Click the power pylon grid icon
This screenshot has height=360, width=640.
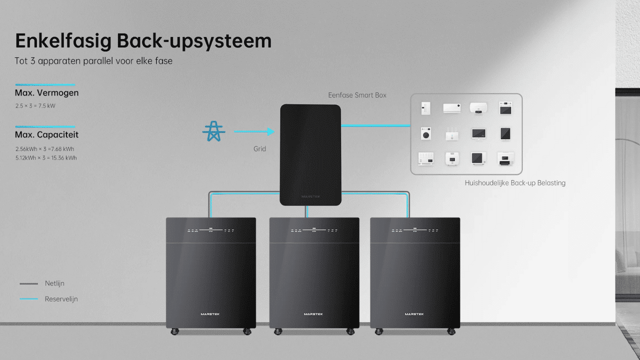[x=213, y=131]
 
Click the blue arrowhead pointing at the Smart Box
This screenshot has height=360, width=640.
[x=271, y=131]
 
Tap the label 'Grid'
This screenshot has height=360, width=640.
[x=259, y=149]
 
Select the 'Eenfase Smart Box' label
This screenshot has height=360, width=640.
[x=357, y=95]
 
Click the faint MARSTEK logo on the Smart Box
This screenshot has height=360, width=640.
[x=311, y=196]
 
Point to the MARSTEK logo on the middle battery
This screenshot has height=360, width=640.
[x=313, y=314]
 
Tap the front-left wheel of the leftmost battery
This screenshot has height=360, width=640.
[x=174, y=331]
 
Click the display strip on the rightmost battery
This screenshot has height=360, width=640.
[x=414, y=230]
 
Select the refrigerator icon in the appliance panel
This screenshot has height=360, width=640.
[x=425, y=108]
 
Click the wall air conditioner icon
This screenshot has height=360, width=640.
[x=451, y=108]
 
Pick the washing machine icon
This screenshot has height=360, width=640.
[x=425, y=133]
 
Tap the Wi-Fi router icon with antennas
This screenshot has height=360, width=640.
[x=452, y=134]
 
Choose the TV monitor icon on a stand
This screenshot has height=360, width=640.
[x=478, y=134]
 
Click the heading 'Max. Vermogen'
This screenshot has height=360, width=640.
[x=46, y=93]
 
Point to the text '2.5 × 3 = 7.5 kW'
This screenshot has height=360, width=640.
[x=35, y=105]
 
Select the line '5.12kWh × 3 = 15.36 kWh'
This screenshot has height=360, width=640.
[x=46, y=157]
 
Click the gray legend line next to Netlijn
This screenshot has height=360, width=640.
[x=28, y=283]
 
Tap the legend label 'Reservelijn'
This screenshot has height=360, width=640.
[x=61, y=299]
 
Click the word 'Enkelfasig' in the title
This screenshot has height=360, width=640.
[x=63, y=41]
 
